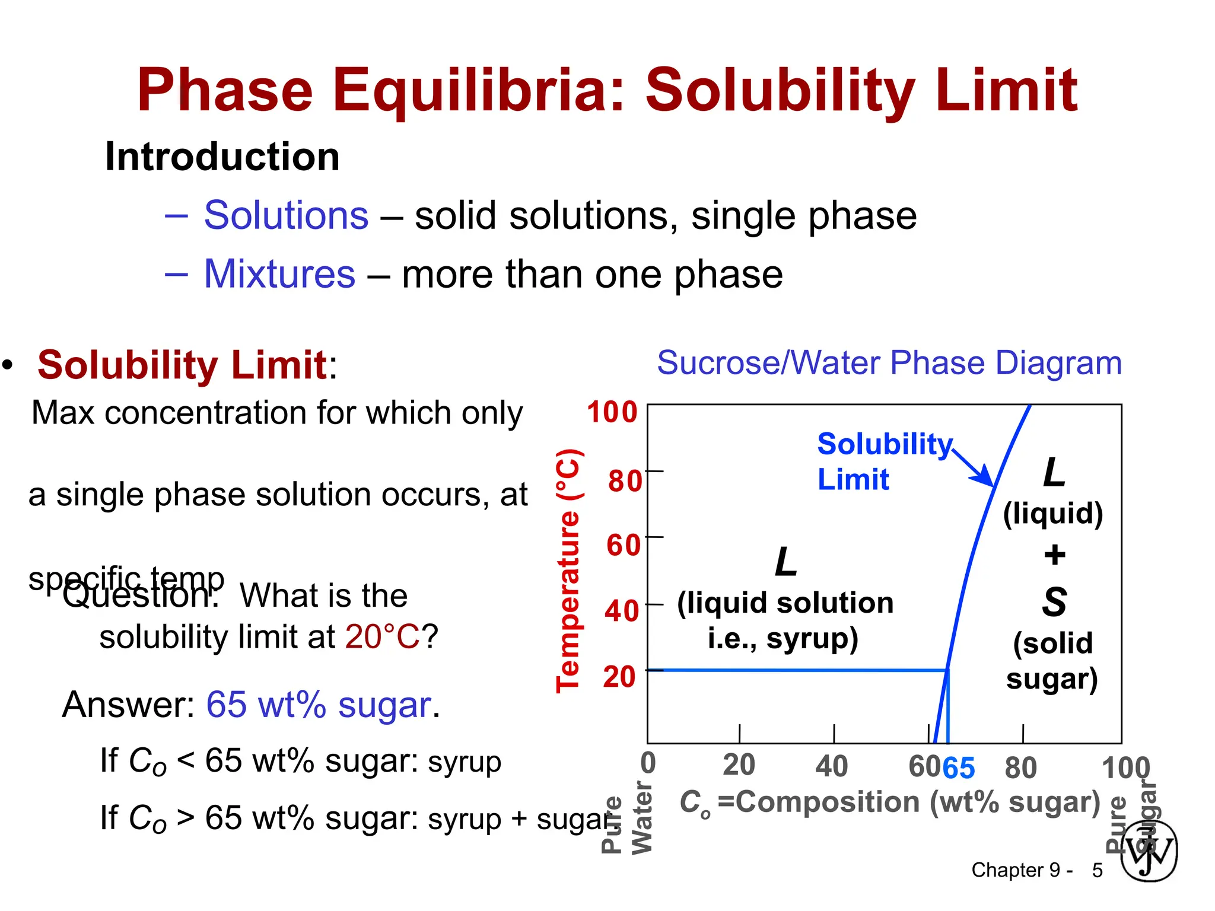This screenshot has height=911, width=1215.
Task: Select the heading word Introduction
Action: (222, 157)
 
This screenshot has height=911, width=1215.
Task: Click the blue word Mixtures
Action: (279, 274)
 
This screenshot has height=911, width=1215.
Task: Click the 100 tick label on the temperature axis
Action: (612, 412)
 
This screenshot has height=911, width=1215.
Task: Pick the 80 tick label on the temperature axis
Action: (625, 480)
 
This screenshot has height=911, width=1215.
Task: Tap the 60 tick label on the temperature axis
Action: (624, 545)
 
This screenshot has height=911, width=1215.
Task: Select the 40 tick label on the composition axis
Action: (831, 766)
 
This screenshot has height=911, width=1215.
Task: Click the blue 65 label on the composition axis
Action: (958, 769)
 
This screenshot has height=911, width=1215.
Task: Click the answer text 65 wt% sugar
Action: (319, 705)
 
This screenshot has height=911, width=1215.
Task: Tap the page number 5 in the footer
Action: (1097, 870)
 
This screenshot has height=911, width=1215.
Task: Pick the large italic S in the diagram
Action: (1054, 602)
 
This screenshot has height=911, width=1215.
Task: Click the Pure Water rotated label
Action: (627, 818)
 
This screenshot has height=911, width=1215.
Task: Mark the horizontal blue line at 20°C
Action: (795, 670)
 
